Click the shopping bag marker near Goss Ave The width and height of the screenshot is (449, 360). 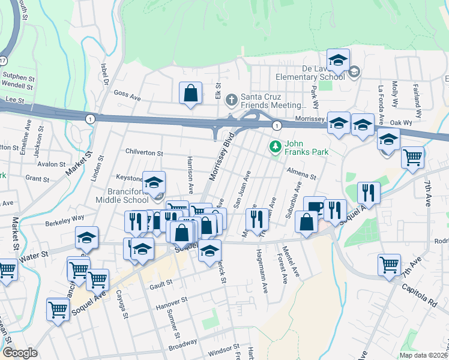click(x=190, y=94)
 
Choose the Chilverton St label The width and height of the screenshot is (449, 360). click(x=144, y=154)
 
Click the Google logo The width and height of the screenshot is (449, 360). click(x=20, y=353)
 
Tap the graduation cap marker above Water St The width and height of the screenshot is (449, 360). click(x=86, y=239)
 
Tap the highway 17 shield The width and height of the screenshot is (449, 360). click(x=3, y=61)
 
